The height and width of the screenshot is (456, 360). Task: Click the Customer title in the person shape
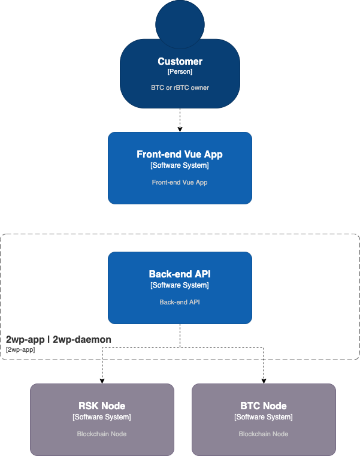click(180, 61)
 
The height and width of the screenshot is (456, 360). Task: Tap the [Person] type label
click(180, 72)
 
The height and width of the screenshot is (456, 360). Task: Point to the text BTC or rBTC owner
click(180, 87)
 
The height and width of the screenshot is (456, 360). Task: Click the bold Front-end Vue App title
click(180, 155)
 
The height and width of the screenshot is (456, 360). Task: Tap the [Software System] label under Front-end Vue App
click(180, 165)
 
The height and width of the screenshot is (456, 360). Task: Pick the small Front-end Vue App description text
click(180, 182)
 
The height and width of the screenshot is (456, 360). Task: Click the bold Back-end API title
click(180, 274)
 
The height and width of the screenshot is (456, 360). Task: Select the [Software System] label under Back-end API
click(180, 285)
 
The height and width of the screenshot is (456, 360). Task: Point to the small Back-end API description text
click(180, 302)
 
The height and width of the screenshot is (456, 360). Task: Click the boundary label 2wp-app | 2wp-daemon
click(58, 340)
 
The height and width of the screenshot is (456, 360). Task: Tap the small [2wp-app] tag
click(20, 349)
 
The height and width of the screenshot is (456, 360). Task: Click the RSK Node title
click(102, 406)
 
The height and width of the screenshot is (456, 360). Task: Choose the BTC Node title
click(264, 406)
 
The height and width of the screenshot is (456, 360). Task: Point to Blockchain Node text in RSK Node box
click(102, 434)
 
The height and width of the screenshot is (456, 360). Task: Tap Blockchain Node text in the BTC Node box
click(264, 434)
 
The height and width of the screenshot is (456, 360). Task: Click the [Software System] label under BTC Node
click(264, 417)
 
